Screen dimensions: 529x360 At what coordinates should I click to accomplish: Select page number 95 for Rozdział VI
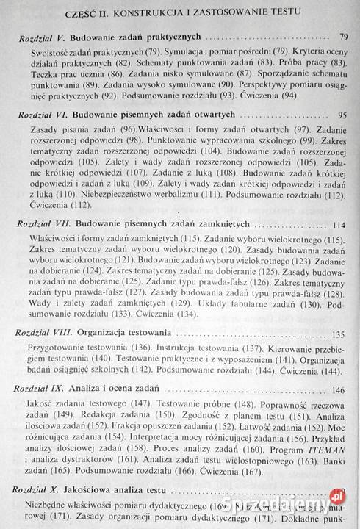click(341, 116)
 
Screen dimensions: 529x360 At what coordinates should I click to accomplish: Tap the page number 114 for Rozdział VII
click(339, 226)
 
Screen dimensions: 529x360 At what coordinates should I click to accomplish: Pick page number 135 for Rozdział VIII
click(338, 334)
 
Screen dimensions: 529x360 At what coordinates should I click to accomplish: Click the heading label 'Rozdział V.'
click(46, 37)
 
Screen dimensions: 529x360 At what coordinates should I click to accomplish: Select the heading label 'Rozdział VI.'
click(46, 115)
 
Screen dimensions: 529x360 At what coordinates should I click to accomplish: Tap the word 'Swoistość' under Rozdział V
click(52, 53)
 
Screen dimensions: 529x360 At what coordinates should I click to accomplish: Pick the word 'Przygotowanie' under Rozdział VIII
click(55, 348)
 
